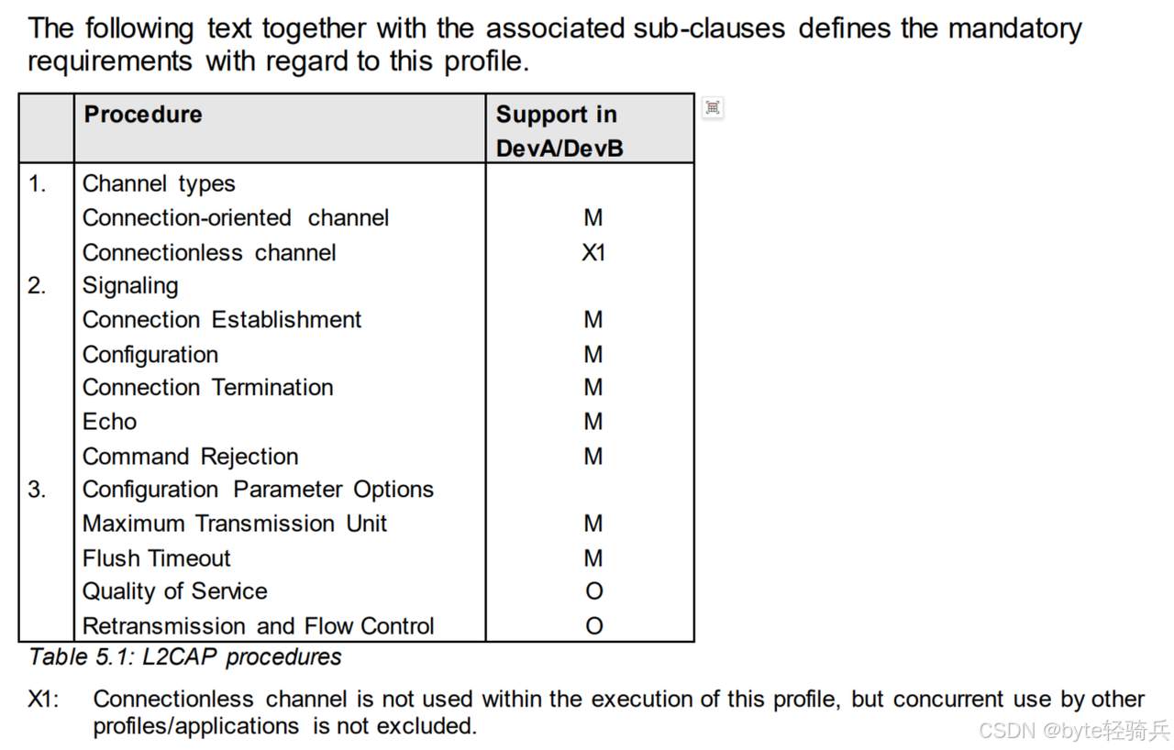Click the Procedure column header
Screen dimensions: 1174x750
[143, 115]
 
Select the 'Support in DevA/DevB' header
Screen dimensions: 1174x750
[559, 131]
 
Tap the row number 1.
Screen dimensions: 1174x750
[37, 183]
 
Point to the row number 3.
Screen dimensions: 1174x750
[37, 490]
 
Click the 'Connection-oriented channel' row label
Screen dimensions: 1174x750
[236, 218]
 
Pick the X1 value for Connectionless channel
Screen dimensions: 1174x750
[593, 252]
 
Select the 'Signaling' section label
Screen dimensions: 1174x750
[130, 286]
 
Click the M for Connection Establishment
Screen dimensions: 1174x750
[593, 320]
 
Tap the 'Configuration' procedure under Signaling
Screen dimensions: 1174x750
[150, 355]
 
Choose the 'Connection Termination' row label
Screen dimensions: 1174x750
[208, 388]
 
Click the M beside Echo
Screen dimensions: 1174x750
[593, 422]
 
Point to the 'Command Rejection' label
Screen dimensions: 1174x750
[191, 457]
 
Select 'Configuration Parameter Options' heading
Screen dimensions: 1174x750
[258, 490]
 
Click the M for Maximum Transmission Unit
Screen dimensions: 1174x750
[593, 524]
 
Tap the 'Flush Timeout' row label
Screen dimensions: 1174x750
[157, 558]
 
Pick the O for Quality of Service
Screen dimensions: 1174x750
[593, 592]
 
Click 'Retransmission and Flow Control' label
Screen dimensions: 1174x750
[259, 626]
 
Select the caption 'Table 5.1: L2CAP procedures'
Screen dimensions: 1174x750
[185, 657]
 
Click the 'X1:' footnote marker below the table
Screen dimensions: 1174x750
[43, 700]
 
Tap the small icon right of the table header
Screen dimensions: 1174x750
[713, 108]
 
